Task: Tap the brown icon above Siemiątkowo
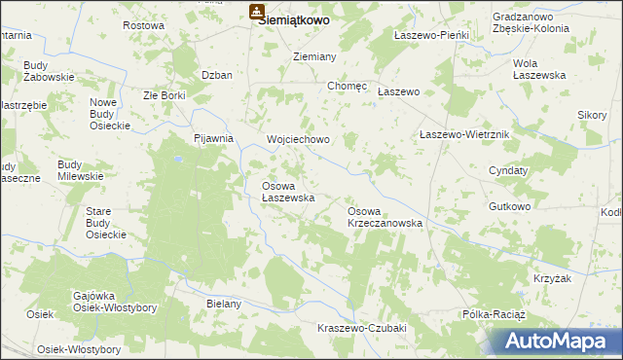256,12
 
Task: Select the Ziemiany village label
315,56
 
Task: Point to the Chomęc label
348,86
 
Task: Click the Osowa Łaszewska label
288,191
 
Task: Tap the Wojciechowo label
299,139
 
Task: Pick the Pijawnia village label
214,138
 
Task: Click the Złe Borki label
164,95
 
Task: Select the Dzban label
215,75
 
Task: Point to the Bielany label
223,304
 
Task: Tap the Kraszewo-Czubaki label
361,328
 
